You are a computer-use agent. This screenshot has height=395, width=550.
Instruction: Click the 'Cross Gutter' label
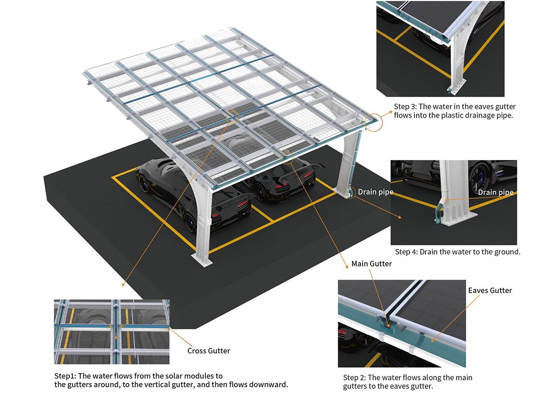point(209,351)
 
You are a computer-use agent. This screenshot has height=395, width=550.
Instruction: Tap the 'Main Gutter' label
point(372,264)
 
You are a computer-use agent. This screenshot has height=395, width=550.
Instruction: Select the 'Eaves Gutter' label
point(490,291)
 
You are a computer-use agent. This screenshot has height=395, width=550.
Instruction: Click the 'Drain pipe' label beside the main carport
point(376,192)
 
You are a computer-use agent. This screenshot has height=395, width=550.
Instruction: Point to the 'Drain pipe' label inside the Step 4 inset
point(496,193)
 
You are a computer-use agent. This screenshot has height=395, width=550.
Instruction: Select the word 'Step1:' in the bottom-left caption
point(65,376)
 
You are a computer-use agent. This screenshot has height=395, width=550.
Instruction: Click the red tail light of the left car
point(243,203)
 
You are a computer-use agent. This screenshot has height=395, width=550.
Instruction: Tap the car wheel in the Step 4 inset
point(479,177)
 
